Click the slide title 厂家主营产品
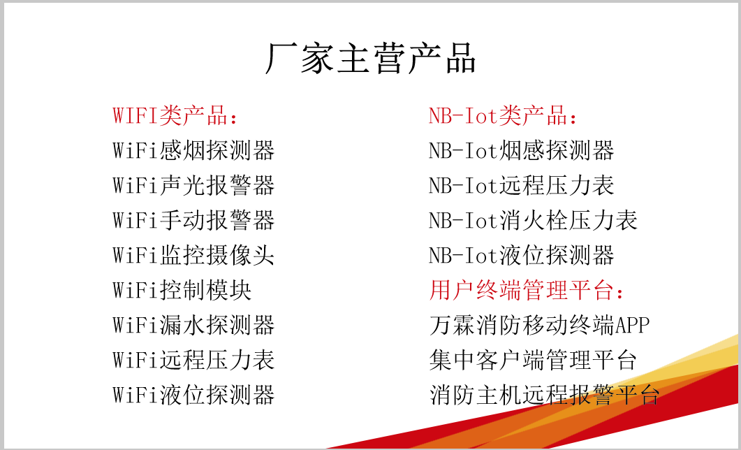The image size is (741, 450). (x=370, y=58)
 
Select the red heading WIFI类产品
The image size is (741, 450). (x=175, y=116)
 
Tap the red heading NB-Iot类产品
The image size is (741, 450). (x=502, y=116)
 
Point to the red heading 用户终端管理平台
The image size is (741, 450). (x=527, y=290)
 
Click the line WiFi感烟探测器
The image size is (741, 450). (x=193, y=150)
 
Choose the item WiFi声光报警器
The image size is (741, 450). (x=193, y=185)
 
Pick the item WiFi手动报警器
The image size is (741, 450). (x=193, y=220)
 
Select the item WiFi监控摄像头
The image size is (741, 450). (x=193, y=255)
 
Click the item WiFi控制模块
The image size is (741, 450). (x=182, y=290)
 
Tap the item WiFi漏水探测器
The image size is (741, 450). (x=193, y=325)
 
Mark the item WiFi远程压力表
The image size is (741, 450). (x=193, y=360)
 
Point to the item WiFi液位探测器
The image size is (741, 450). (x=193, y=395)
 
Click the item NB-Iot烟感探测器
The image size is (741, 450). (x=521, y=150)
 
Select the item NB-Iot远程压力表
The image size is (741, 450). (x=521, y=185)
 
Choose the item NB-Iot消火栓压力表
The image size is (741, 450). (x=533, y=220)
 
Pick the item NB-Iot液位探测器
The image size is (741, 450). (x=521, y=255)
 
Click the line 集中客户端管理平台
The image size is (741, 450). (x=533, y=360)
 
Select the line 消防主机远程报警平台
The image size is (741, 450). (x=545, y=395)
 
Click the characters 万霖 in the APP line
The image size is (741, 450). (x=452, y=325)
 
